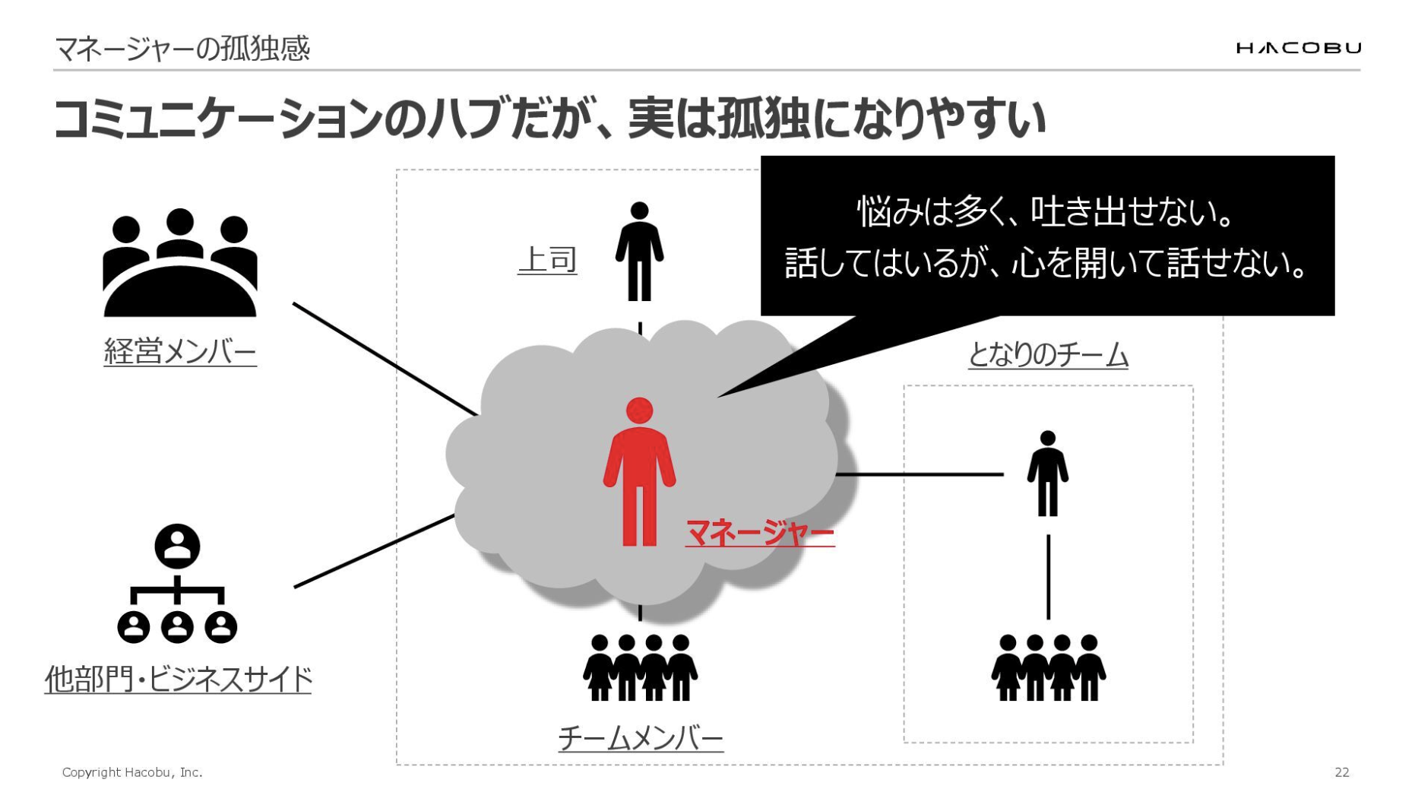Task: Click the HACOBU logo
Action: click(x=1298, y=49)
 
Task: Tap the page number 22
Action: click(x=1342, y=772)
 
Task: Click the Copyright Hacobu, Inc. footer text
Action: click(x=132, y=772)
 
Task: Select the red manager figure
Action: click(x=639, y=472)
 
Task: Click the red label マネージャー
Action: click(x=759, y=532)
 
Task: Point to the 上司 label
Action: click(x=547, y=260)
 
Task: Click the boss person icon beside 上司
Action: click(x=639, y=251)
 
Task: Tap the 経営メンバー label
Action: click(x=180, y=352)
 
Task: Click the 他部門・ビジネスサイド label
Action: click(x=179, y=679)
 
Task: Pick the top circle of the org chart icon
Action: click(x=177, y=546)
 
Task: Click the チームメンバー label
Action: click(x=641, y=737)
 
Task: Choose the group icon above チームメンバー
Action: click(x=640, y=667)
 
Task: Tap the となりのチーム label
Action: click(x=1048, y=355)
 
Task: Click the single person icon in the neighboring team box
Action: click(x=1048, y=473)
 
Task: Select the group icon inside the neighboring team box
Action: click(x=1048, y=667)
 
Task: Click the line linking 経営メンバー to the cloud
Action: click(x=385, y=359)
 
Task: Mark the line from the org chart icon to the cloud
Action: click(x=374, y=551)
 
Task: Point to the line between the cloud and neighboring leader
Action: click(x=920, y=474)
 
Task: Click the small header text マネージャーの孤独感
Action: click(x=182, y=49)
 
